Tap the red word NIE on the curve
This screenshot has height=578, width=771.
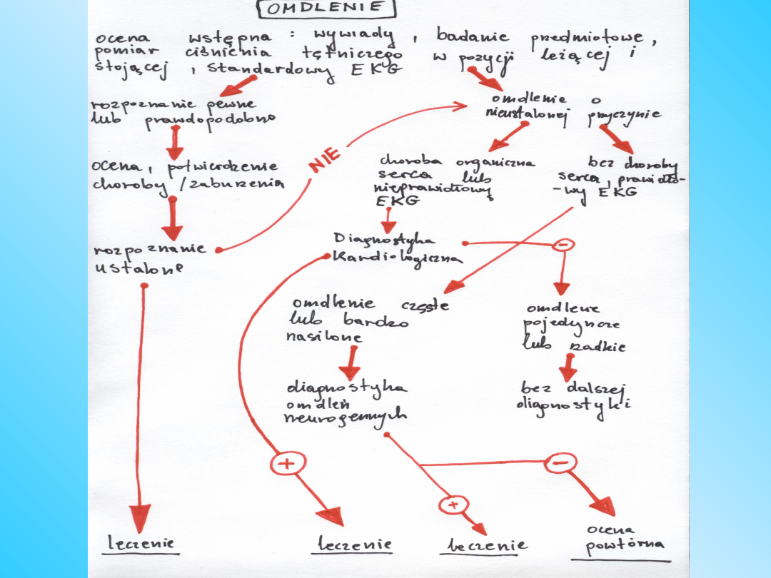[x=325, y=160]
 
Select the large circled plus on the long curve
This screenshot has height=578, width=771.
[x=286, y=463]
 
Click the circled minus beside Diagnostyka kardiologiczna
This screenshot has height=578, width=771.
[x=563, y=244]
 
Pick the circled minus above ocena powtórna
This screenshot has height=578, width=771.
[x=560, y=463]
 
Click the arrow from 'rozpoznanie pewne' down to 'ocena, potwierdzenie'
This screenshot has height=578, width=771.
[x=173, y=143]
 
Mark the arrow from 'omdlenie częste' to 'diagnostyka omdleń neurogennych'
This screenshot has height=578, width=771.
[x=348, y=362]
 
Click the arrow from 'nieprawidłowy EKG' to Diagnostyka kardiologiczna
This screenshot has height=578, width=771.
[x=388, y=220]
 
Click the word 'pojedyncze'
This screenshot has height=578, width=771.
[x=571, y=325]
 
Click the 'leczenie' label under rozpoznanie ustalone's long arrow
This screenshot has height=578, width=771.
[x=141, y=544]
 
